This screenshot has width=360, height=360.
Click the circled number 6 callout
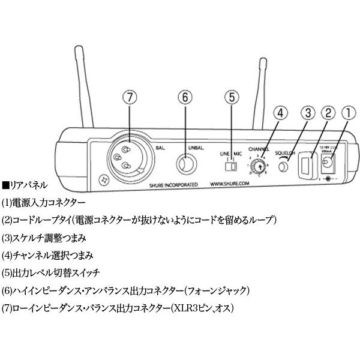click(x=185, y=97)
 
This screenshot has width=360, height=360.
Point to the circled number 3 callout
click(x=306, y=112)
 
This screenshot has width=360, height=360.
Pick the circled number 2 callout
click(x=327, y=112)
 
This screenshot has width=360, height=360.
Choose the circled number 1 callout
click(x=348, y=112)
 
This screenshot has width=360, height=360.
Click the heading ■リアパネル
click(x=25, y=185)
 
